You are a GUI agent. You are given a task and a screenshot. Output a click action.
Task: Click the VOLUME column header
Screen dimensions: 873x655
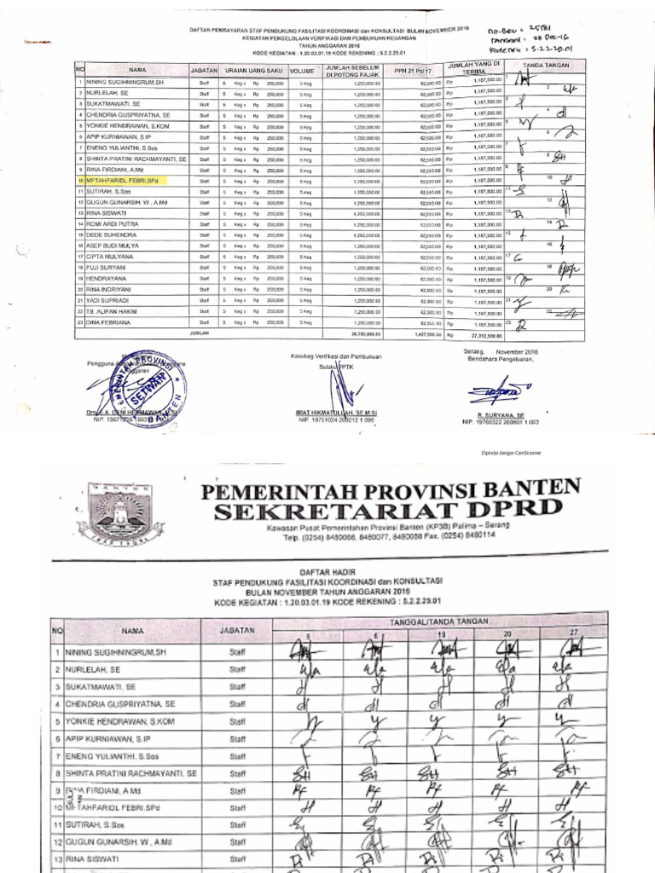302,70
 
